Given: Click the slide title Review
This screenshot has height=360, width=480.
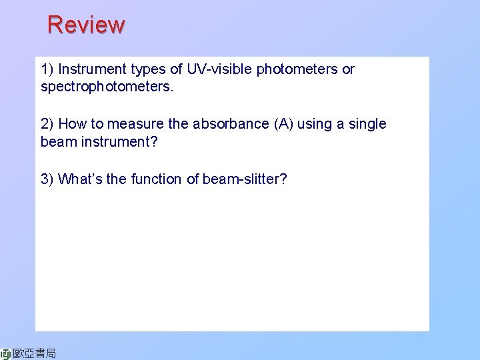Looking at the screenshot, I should point(86,25).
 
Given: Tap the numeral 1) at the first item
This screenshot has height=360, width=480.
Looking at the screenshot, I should point(47,69).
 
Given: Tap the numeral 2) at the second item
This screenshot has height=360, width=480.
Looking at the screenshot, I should point(47,124).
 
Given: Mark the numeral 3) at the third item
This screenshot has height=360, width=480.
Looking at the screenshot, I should point(47,179).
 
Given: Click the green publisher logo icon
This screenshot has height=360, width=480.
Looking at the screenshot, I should point(6,353).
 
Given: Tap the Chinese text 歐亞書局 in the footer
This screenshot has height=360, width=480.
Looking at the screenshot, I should point(35,353).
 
